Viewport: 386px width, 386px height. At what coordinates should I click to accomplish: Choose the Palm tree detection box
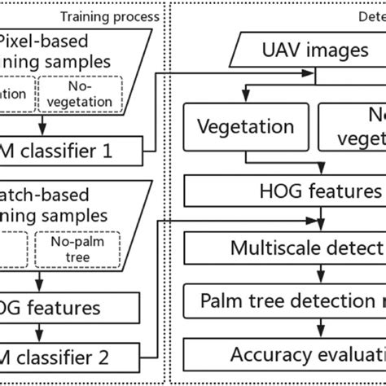pyautogui.click(x=285, y=301)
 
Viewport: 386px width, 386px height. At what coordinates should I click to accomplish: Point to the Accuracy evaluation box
pyautogui.click(x=285, y=354)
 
